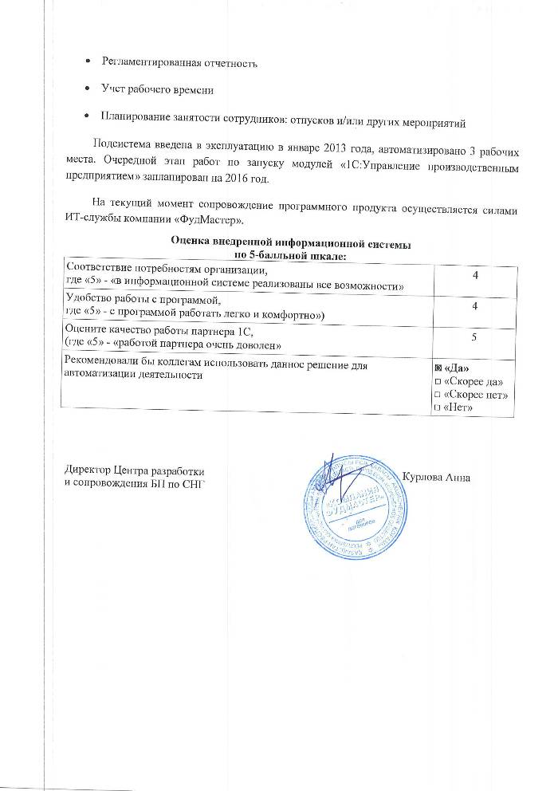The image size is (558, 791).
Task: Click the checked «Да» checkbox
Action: tap(438, 369)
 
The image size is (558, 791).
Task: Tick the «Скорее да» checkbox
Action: tap(438, 383)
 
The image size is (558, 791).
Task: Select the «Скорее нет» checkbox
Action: tap(438, 395)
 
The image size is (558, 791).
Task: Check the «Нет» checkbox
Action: tap(438, 408)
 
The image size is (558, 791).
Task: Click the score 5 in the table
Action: tap(474, 338)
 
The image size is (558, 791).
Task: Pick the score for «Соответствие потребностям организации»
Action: tap(474, 275)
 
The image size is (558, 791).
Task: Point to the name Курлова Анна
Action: tap(439, 477)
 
